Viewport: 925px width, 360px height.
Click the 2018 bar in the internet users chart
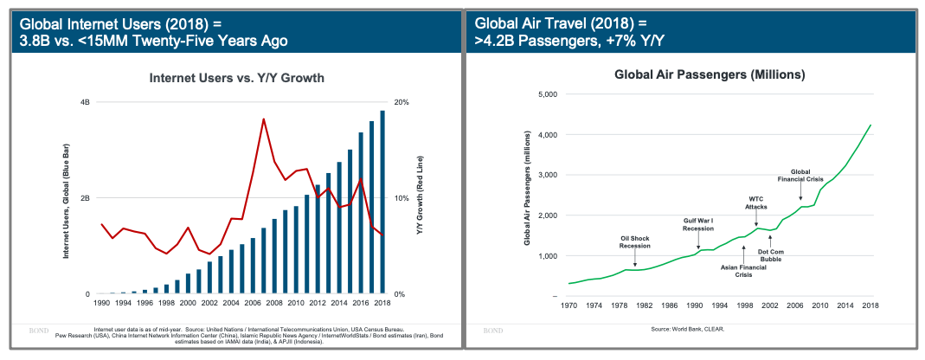pyautogui.click(x=382, y=202)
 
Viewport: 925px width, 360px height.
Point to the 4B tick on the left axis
pyautogui.click(x=85, y=102)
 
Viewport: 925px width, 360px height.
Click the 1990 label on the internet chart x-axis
pyautogui.click(x=102, y=305)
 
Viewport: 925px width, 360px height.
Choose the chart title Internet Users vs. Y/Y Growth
pyautogui.click(x=237, y=79)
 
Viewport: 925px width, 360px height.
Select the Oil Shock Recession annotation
pyautogui.click(x=634, y=241)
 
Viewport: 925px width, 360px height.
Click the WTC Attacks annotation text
pyautogui.click(x=757, y=203)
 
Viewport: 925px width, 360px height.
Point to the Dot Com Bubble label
pyautogui.click(x=771, y=254)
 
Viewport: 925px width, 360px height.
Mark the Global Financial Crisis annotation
pyautogui.click(x=800, y=176)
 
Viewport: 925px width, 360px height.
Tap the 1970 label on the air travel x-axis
pyautogui.click(x=568, y=305)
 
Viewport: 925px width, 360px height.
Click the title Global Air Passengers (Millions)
pyautogui.click(x=710, y=75)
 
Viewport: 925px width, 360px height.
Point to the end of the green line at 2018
pyautogui.click(x=870, y=125)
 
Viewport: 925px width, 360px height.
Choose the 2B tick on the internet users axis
pyautogui.click(x=85, y=198)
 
